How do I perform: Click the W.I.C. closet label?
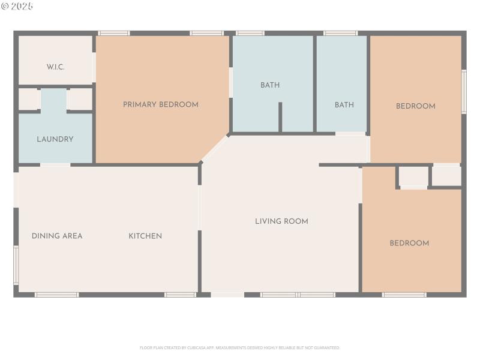[56, 67]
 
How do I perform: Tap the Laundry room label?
[55, 139]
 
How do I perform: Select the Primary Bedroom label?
[160, 104]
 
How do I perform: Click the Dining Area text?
[57, 236]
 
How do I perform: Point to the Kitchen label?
[145, 236]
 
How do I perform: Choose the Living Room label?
[281, 221]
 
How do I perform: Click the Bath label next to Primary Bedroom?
[270, 85]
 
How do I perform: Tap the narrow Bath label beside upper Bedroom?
[344, 105]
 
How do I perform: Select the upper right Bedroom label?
[415, 106]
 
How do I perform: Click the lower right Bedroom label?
[409, 243]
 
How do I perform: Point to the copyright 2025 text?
[17, 6]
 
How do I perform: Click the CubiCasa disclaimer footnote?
[240, 347]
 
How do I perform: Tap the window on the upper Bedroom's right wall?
[463, 92]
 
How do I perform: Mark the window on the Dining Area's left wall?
[16, 265]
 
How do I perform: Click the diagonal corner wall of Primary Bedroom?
[215, 148]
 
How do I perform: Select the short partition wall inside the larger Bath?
[280, 117]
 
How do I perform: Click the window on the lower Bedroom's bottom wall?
[404, 295]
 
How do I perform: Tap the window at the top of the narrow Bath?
[340, 33]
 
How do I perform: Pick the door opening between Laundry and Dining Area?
[55, 164]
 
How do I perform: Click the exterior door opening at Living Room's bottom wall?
[227, 295]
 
